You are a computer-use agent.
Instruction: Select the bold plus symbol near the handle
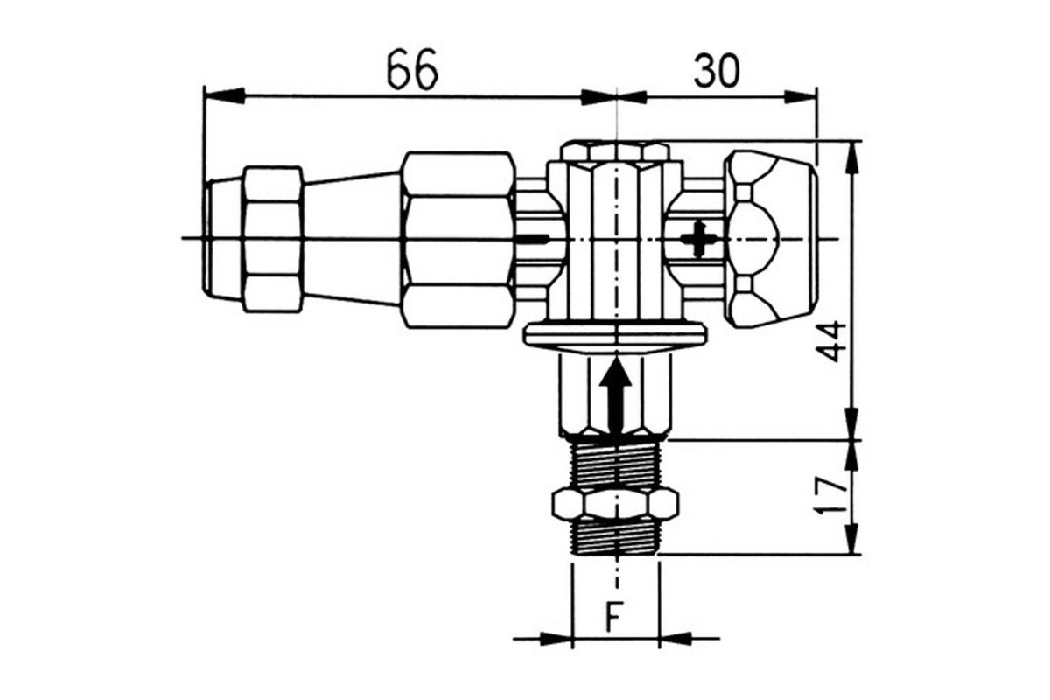click(698, 239)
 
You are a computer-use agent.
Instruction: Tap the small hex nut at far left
click(273, 239)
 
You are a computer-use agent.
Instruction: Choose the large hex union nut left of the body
click(458, 239)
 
